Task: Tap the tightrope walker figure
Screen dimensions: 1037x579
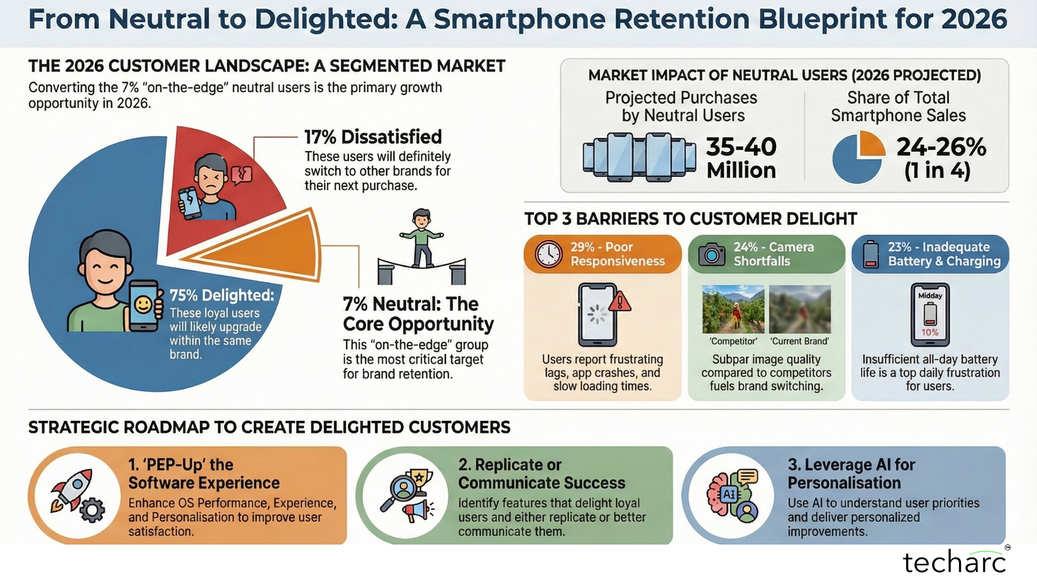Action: tap(422, 238)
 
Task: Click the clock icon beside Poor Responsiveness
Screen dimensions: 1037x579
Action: tap(548, 254)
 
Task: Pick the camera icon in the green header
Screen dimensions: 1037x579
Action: tap(711, 254)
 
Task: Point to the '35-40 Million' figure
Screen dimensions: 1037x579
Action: tap(741, 158)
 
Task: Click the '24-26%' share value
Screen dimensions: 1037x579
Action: tap(941, 147)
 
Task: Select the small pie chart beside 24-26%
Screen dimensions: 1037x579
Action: tap(859, 157)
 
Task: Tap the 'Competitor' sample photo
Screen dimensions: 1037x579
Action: tap(733, 309)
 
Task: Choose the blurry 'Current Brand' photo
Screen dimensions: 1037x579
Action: tap(800, 309)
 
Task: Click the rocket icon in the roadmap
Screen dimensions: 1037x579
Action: tap(72, 489)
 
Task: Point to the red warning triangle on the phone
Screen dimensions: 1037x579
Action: tap(620, 302)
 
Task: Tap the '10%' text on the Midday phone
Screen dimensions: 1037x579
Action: tap(930, 332)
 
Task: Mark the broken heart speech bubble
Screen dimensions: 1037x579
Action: tap(242, 175)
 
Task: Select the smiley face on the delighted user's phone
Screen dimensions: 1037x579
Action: tap(144, 305)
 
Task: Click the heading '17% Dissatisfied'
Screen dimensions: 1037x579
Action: tap(373, 137)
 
